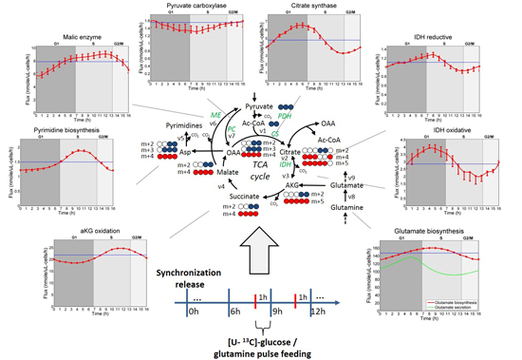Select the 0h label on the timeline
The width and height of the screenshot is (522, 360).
tap(195, 310)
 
